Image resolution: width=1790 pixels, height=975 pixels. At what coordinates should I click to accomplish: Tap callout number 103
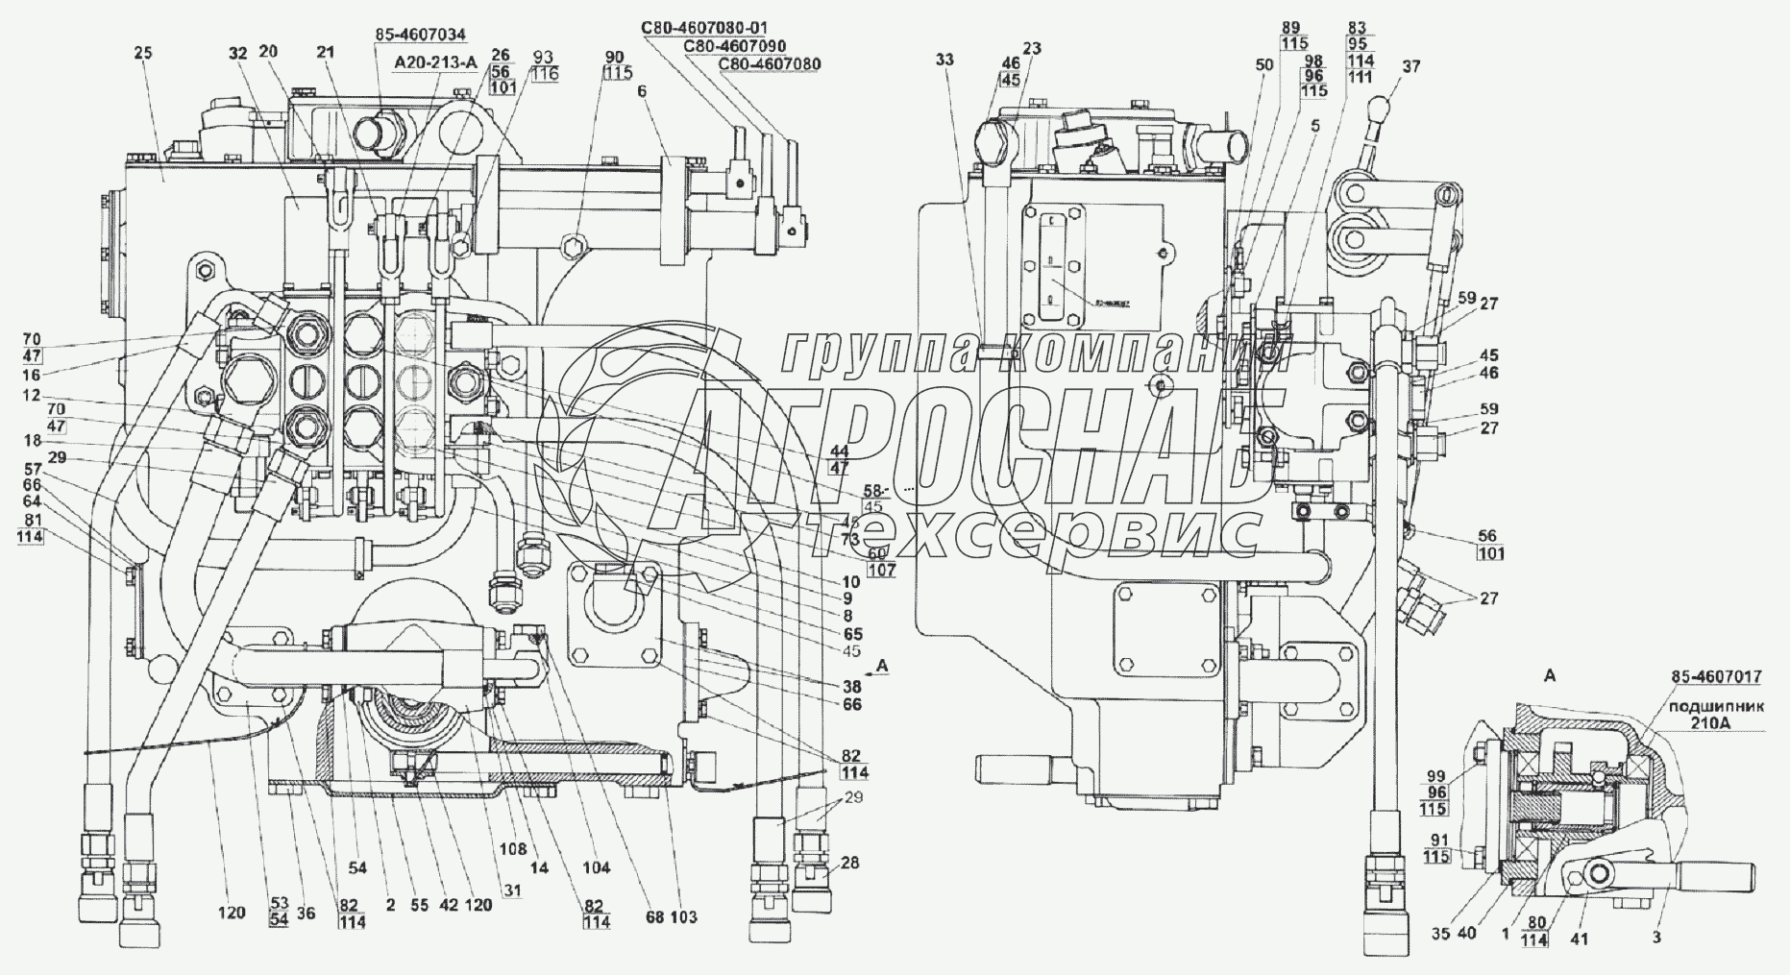click(684, 917)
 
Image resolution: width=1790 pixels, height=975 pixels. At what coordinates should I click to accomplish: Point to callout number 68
click(654, 917)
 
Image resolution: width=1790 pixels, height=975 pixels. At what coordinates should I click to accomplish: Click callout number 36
click(306, 914)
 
